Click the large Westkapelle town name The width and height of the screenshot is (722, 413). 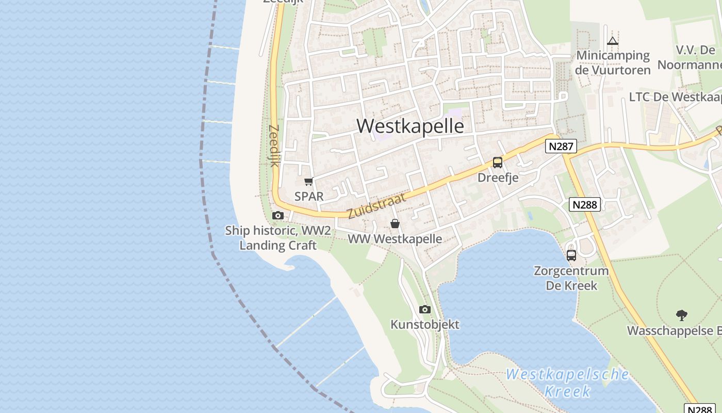[x=410, y=126]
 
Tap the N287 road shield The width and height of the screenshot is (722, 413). [x=561, y=147]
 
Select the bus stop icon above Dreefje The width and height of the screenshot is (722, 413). [x=498, y=163]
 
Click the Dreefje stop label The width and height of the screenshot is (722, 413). [x=498, y=178]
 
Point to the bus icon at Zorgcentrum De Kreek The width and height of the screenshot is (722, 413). [x=571, y=255]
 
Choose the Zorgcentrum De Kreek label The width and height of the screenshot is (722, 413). [x=571, y=278]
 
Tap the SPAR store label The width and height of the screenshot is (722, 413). [x=309, y=196]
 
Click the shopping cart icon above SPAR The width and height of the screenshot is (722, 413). [x=309, y=181]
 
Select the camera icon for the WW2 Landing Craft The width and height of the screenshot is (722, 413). [x=278, y=215]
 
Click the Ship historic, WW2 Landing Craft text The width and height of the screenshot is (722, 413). [x=278, y=237]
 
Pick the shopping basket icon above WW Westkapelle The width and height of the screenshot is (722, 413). [x=395, y=224]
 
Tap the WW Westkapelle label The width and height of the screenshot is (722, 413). [x=395, y=239]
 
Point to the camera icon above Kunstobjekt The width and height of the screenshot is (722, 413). [x=425, y=309]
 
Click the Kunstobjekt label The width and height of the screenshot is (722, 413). [x=425, y=325]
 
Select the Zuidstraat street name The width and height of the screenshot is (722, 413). [x=376, y=204]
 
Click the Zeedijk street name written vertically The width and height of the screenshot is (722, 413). [x=274, y=146]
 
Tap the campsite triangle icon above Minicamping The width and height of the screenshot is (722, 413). [x=613, y=41]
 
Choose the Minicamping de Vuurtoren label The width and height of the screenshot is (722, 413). [x=613, y=62]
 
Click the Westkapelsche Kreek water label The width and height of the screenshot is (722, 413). [x=567, y=383]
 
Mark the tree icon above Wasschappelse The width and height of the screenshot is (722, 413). [x=682, y=315]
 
